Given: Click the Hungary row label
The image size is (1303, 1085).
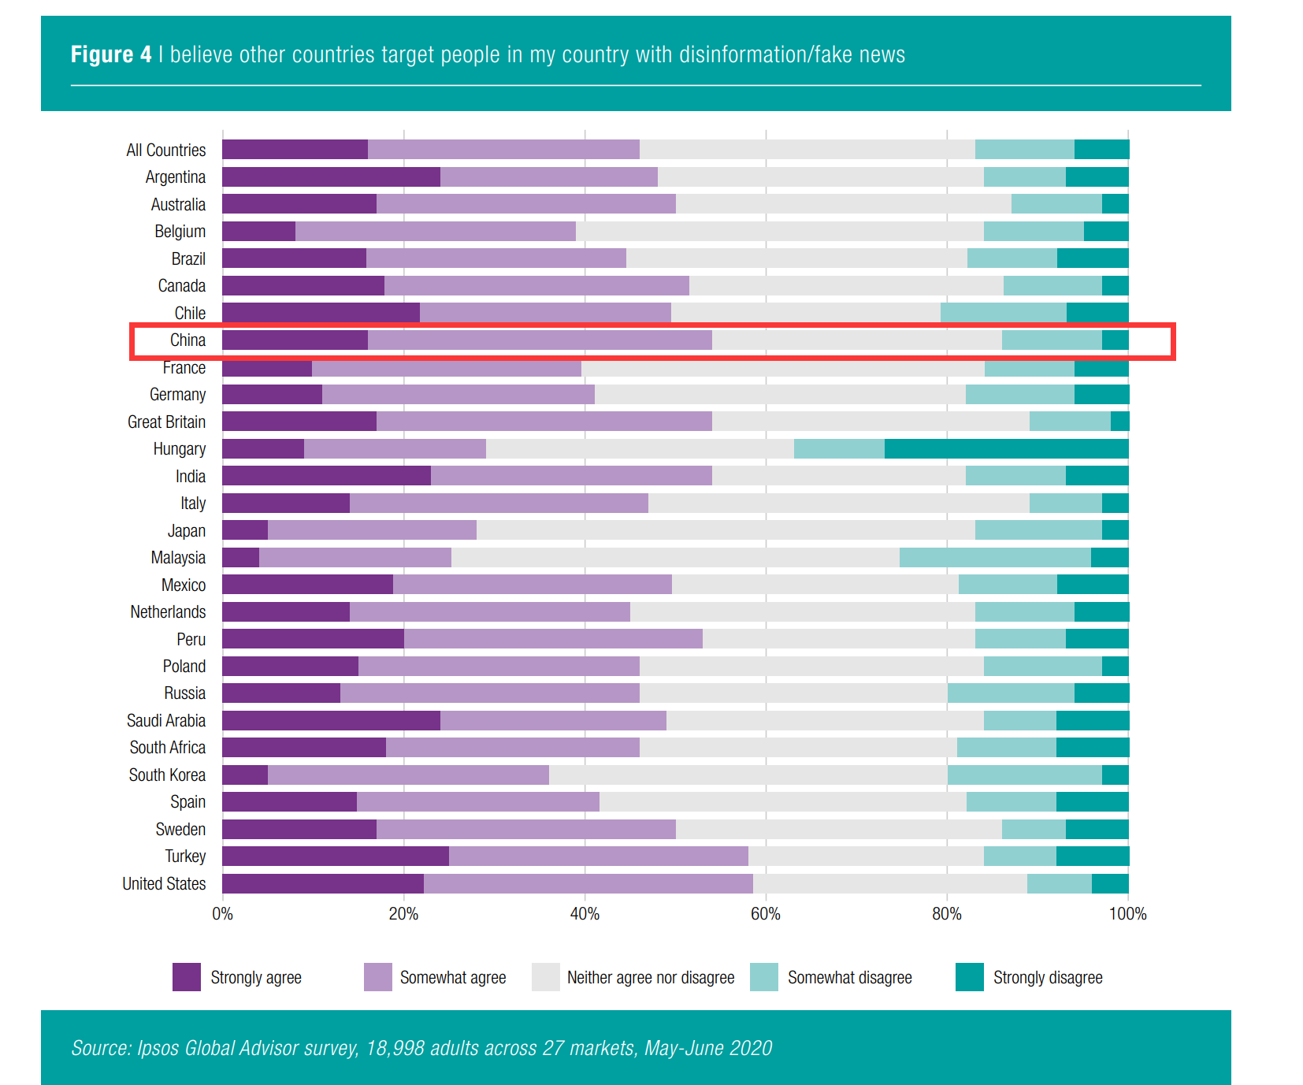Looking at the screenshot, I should click(179, 449).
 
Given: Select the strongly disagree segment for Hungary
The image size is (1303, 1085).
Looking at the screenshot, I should click(1006, 449).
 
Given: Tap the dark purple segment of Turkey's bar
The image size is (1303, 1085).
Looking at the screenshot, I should click(336, 856).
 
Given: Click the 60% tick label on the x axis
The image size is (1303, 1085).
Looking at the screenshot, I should click(765, 914).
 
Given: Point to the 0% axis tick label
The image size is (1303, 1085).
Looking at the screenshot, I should click(222, 914).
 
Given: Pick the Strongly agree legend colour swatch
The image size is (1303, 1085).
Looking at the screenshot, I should click(187, 977).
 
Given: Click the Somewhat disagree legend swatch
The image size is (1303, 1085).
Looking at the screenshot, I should click(763, 977).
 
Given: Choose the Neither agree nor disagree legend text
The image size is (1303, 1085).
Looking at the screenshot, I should click(651, 978).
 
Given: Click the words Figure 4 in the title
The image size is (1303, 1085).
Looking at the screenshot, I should click(111, 54).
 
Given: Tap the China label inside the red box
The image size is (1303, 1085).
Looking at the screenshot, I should click(187, 340).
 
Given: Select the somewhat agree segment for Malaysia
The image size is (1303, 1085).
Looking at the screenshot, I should click(355, 558).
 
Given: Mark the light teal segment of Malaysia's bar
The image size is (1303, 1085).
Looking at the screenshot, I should click(995, 558).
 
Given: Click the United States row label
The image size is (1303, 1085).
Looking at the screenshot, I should click(164, 884).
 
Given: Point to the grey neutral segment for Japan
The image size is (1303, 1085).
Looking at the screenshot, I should click(726, 530).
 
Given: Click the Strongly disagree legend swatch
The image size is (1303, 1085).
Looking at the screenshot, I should click(969, 977).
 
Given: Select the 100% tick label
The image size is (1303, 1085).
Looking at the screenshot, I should click(1127, 914).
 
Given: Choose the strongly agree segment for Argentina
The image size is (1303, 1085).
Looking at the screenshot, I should click(331, 177).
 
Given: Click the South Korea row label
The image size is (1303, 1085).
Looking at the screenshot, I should click(167, 775).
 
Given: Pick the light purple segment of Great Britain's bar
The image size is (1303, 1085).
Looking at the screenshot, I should click(544, 422).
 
